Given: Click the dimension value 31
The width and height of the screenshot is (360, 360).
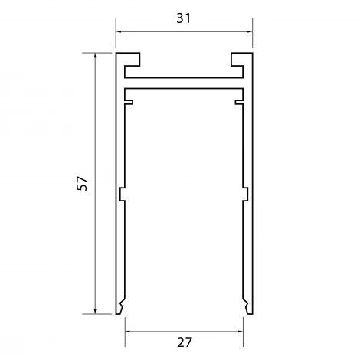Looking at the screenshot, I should [184, 18].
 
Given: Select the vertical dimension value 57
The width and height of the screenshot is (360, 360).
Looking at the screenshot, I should [83, 183].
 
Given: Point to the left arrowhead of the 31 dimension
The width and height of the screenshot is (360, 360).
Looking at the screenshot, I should [119, 31].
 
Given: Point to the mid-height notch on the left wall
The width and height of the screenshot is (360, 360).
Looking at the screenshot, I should [122, 195].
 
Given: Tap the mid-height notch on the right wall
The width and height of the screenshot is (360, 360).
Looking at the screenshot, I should [246, 195].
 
